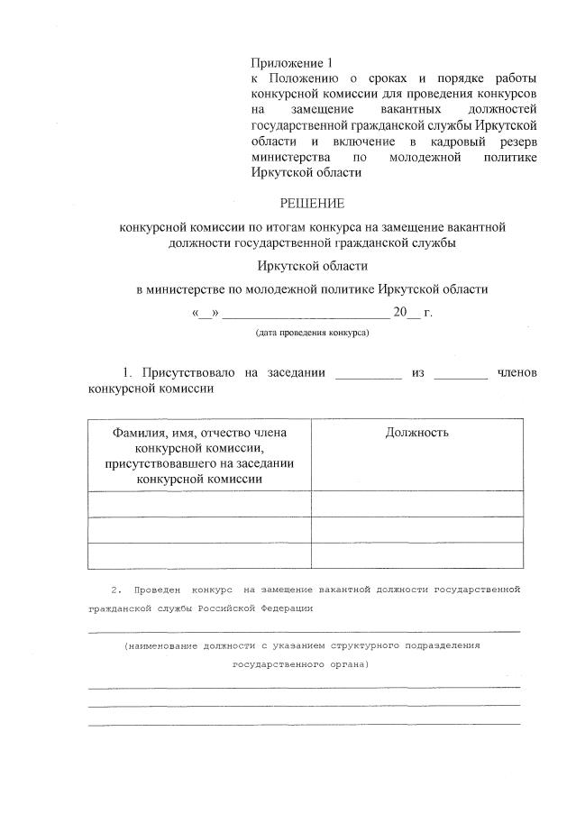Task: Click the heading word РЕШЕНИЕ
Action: (313, 204)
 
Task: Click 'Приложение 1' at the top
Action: (291, 63)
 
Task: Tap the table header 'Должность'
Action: (416, 433)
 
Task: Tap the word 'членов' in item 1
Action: (517, 373)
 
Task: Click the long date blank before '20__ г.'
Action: (305, 316)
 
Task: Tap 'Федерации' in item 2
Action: (288, 608)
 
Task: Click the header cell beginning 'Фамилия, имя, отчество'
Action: (199, 455)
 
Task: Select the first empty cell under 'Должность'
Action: (416, 503)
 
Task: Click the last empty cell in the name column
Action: (199, 556)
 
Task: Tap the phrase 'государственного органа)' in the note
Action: (300, 665)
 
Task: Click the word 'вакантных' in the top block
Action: (406, 110)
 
